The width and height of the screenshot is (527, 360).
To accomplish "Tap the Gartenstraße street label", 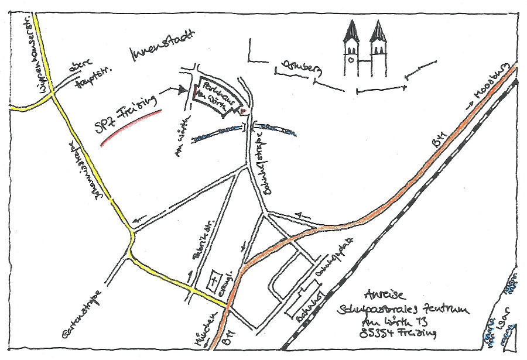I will pos(83,316).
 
